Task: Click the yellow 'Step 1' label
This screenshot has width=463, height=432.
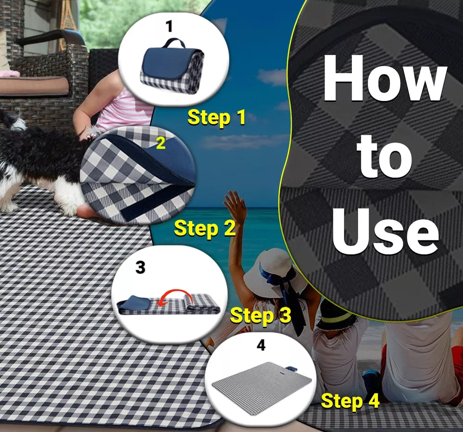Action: click(x=216, y=118)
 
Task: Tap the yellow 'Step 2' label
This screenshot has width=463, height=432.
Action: click(x=205, y=228)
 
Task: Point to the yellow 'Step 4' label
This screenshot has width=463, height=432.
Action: click(x=350, y=401)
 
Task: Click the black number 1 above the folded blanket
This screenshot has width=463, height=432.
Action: click(x=169, y=26)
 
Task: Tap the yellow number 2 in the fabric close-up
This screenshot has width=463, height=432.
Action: click(x=161, y=144)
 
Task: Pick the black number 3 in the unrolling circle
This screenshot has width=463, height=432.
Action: click(x=140, y=267)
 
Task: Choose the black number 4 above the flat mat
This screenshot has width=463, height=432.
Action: click(x=261, y=344)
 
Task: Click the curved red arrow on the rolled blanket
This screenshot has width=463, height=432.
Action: click(x=174, y=294)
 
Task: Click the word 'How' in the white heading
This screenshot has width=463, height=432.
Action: click(x=384, y=78)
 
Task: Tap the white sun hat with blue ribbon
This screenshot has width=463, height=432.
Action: click(x=272, y=273)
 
